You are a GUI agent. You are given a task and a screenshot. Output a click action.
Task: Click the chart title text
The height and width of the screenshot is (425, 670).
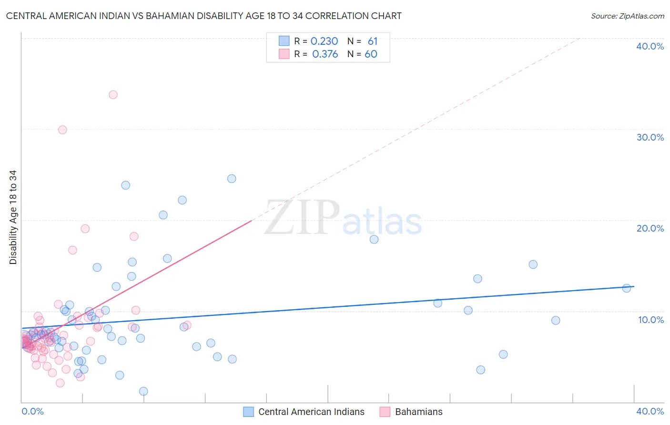203,16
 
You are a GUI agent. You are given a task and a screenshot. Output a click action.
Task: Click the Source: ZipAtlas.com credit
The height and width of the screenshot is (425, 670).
627,16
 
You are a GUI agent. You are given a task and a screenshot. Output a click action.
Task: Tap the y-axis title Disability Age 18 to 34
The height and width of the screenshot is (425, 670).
13,217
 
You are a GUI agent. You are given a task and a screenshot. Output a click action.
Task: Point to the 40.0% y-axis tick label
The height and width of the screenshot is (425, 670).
650,46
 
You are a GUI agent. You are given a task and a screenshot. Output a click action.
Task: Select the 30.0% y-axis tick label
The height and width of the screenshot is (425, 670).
650,137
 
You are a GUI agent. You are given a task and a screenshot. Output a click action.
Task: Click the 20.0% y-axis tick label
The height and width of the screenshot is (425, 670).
650,228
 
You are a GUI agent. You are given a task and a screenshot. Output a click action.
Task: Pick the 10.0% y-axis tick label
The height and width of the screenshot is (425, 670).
650,320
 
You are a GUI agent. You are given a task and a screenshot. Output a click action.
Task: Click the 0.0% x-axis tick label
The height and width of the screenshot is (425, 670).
32,411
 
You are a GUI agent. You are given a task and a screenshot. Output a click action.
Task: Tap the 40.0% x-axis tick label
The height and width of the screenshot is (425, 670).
650,411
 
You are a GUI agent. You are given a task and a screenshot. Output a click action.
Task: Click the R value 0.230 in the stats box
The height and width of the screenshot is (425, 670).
324,41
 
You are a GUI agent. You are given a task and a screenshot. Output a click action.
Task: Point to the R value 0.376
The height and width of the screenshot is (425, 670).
325,54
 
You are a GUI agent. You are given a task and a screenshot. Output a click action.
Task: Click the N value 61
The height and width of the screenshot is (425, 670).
372,41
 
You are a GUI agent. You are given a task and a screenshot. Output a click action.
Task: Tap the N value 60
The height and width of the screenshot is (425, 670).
371,54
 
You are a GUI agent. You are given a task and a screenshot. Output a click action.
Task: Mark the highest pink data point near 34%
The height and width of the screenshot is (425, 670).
113,95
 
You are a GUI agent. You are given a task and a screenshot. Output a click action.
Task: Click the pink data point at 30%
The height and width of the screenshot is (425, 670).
62,130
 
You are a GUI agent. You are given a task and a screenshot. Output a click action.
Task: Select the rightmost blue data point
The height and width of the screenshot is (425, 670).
627,288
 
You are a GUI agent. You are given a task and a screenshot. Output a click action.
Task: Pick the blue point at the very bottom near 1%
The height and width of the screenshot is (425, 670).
143,391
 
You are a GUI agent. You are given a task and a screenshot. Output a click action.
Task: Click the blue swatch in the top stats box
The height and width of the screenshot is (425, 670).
284,41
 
